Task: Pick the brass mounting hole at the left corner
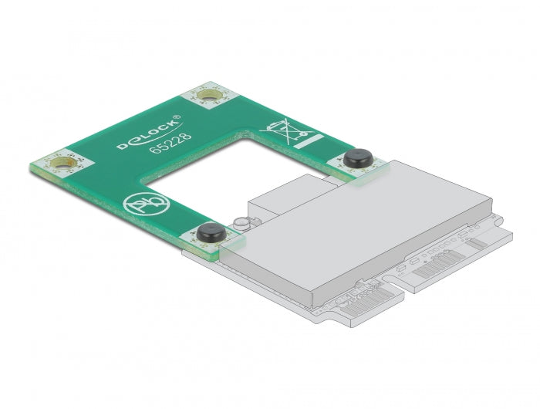pos(62,163)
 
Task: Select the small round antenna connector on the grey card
pos(241,224)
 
